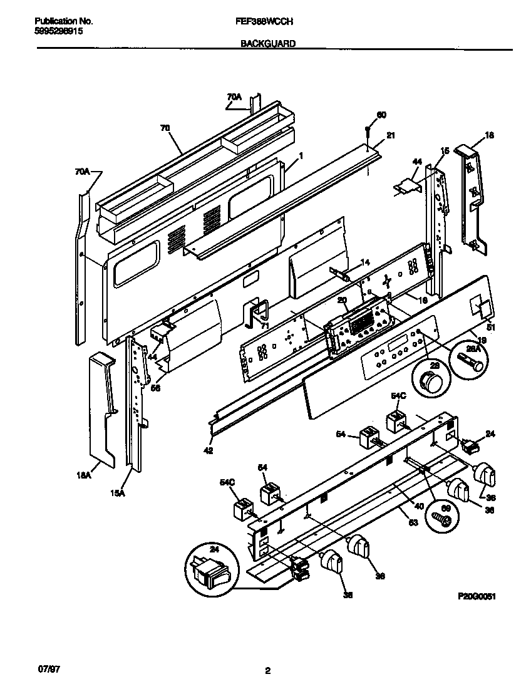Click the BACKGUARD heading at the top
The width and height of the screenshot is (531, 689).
coord(267,44)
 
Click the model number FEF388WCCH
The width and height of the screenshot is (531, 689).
coord(267,20)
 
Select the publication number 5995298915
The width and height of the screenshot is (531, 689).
coord(57,30)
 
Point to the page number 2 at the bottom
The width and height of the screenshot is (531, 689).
coord(267,671)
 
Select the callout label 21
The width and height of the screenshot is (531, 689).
coord(391,135)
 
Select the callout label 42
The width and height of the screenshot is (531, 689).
coord(209,450)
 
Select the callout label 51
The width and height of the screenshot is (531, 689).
coord(490,326)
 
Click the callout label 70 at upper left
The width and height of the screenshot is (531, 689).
coord(165,127)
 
